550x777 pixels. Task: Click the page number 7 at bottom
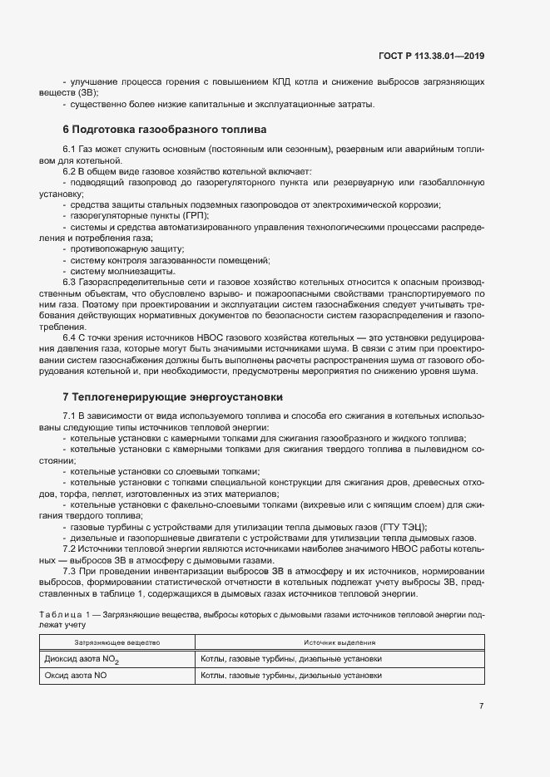coord(481,706)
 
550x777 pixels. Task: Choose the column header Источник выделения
coord(339,642)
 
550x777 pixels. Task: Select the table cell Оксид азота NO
coord(76,676)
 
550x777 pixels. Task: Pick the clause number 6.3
coord(70,283)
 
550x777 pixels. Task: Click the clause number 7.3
coord(70,573)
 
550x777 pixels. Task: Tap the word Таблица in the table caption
coord(62,614)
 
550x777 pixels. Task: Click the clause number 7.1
coord(70,416)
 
